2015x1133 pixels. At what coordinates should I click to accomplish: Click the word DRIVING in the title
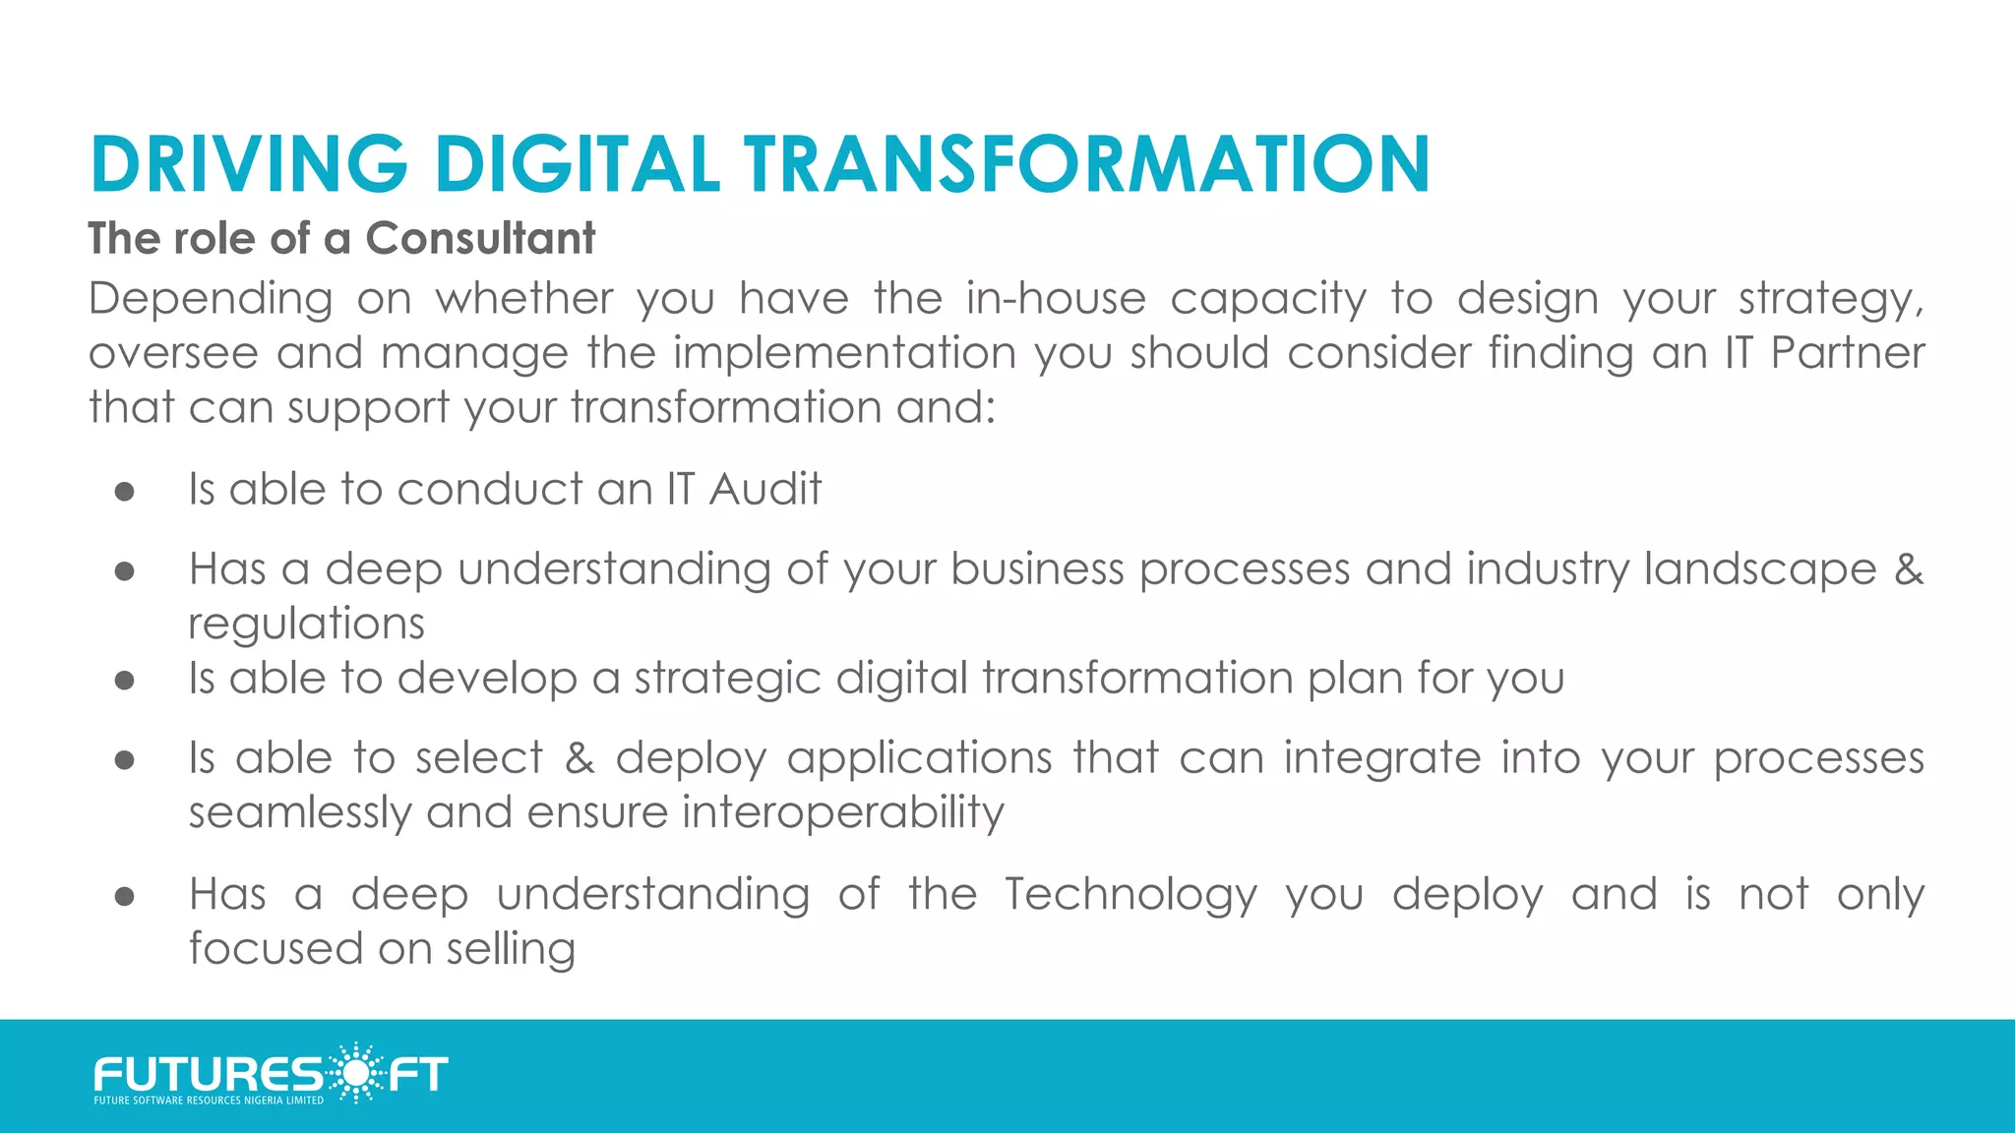249,163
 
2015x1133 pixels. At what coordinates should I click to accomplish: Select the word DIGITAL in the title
578,163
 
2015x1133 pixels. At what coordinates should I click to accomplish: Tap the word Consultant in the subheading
480,238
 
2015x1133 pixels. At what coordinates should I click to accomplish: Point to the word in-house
1056,298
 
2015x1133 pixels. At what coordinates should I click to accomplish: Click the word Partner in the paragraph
1847,353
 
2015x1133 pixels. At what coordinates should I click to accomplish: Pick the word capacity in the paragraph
1268,300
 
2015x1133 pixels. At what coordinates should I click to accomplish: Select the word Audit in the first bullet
764,489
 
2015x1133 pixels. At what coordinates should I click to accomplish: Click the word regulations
306,625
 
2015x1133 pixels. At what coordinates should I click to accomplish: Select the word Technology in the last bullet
1130,895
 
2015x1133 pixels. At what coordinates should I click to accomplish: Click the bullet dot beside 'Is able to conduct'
124,491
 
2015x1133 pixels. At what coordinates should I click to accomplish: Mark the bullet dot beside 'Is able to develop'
124,680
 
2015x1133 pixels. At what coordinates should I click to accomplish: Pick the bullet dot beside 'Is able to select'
124,759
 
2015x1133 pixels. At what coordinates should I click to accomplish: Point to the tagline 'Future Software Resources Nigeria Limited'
209,1101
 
